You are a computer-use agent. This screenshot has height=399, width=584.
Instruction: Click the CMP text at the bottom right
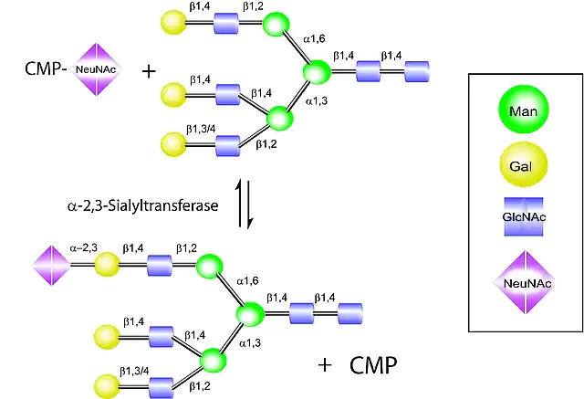click(x=373, y=366)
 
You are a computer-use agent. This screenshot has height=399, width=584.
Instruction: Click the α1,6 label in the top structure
click(x=315, y=39)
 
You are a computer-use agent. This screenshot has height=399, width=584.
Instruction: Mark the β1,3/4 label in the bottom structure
click(x=135, y=371)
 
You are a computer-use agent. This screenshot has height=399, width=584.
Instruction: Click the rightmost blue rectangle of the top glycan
click(x=418, y=69)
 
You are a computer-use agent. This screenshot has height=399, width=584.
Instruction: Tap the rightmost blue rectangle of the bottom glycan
click(x=350, y=315)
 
